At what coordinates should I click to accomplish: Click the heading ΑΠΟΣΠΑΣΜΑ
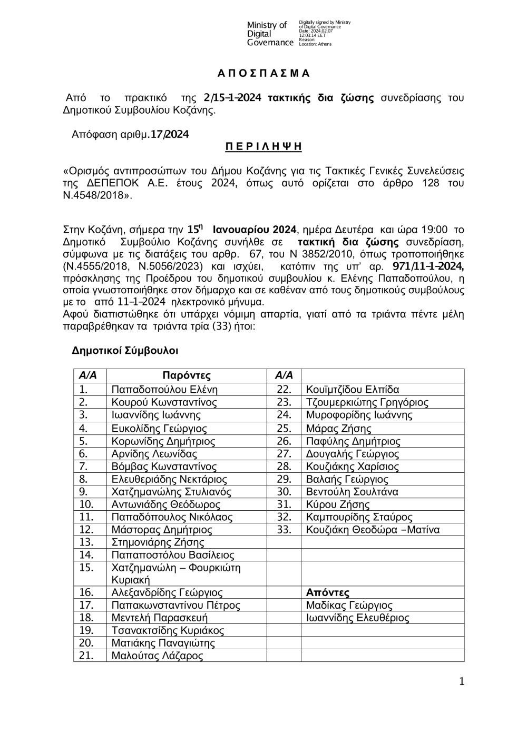[263, 73]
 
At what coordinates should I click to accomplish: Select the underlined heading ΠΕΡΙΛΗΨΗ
[263, 146]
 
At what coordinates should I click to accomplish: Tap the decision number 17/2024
[169, 134]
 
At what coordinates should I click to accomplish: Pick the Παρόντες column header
[187, 375]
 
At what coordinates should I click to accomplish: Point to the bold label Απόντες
[328, 593]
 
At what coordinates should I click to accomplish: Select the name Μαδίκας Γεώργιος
[349, 606]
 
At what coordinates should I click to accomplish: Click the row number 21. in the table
[86, 656]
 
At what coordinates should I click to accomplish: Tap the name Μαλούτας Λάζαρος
[157, 656]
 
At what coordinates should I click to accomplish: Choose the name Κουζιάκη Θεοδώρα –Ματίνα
[373, 530]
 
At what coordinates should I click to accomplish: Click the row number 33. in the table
[284, 530]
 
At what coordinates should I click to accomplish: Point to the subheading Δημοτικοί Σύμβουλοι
[125, 350]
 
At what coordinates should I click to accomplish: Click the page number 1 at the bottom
[462, 682]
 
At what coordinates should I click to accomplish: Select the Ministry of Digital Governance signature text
[270, 34]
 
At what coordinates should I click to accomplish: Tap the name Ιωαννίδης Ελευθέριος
[357, 618]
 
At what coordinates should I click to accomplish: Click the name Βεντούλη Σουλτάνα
[352, 492]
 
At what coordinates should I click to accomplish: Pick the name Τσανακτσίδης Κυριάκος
[168, 631]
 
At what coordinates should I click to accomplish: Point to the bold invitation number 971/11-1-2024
[428, 264]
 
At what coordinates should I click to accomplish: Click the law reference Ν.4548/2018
[95, 196]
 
